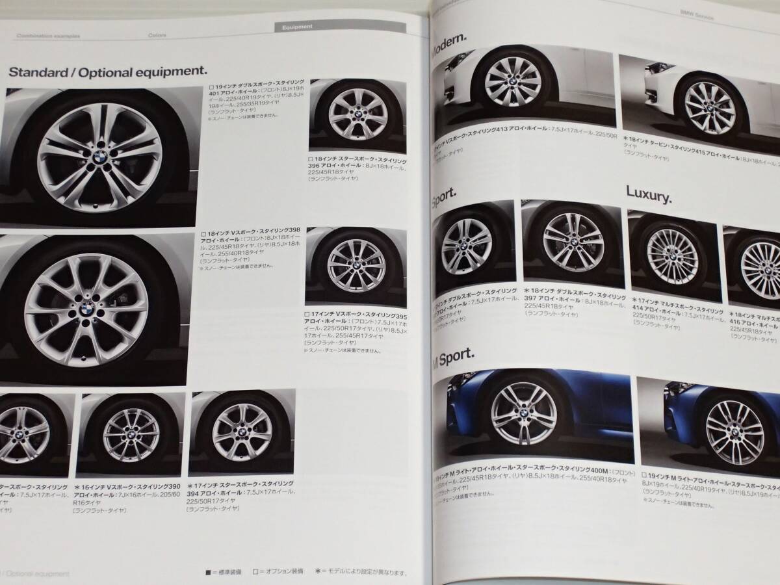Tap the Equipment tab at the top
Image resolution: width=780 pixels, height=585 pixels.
click(298, 27)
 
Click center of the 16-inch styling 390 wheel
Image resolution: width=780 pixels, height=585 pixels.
click(121, 434)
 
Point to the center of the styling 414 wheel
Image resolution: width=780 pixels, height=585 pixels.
click(669, 259)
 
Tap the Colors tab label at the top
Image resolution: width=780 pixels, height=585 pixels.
click(157, 35)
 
